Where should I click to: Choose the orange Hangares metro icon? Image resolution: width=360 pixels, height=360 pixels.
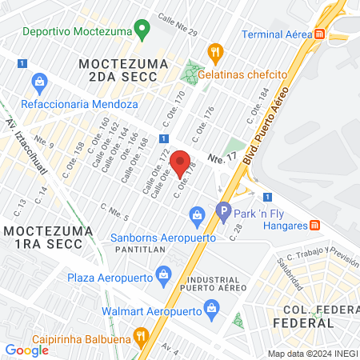(315, 226)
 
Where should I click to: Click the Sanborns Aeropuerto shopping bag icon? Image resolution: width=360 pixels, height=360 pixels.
(196, 214)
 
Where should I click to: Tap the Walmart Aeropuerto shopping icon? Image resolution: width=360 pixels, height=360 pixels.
(211, 306)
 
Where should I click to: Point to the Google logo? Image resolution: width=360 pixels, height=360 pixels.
(27, 350)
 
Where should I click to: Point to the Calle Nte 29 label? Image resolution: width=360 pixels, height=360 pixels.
(178, 26)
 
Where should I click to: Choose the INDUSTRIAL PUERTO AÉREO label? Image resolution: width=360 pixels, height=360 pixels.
(209, 276)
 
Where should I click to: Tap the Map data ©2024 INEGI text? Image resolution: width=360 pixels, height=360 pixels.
(311, 353)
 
